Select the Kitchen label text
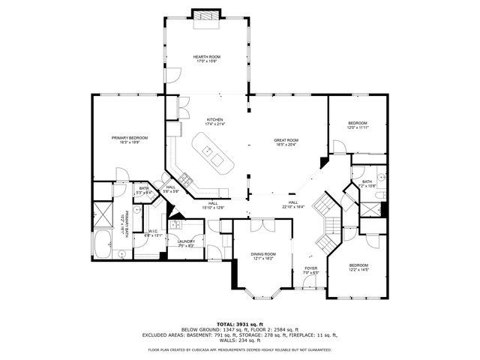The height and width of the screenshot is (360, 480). (x=215, y=121)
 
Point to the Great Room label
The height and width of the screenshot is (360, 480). (x=286, y=142)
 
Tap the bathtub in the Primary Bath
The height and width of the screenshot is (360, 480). (x=103, y=245)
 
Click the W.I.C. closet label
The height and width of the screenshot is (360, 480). (x=154, y=232)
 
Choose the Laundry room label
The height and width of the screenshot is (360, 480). (x=186, y=243)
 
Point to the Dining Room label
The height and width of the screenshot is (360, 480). (x=263, y=256)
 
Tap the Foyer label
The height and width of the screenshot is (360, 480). (x=310, y=269)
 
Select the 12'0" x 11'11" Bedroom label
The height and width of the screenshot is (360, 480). (x=357, y=125)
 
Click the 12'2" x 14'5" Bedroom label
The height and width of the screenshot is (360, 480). (x=358, y=267)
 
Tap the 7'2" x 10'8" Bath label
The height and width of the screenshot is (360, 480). (x=367, y=184)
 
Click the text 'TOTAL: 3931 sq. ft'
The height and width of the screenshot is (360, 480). (x=239, y=323)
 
